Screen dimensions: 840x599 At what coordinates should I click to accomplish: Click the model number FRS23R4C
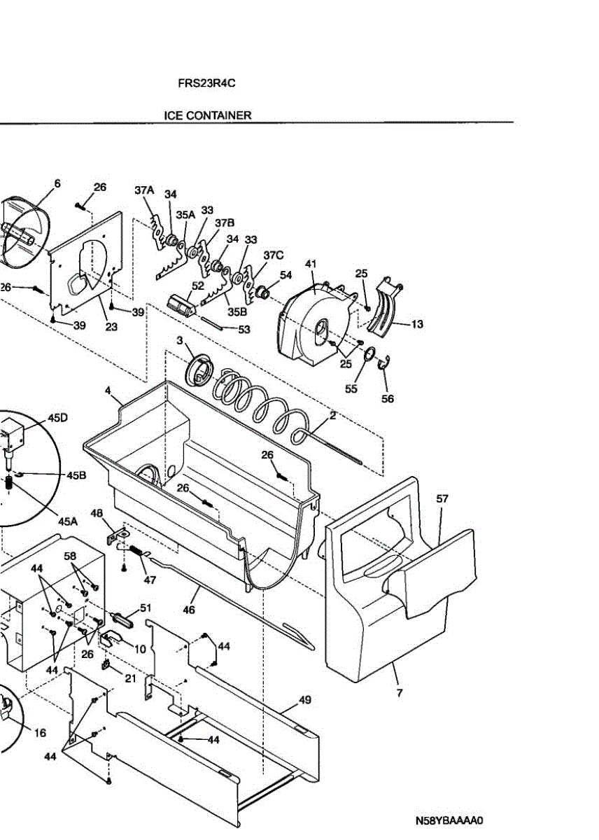click(x=206, y=83)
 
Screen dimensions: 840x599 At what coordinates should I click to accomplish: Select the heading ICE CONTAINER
click(x=208, y=115)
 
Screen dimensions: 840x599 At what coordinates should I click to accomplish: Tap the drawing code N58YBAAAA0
click(x=450, y=820)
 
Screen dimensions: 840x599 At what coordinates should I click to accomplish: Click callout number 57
click(x=442, y=499)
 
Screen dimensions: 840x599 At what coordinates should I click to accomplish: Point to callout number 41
click(x=311, y=264)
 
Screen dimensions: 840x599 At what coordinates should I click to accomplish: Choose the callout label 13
click(x=417, y=325)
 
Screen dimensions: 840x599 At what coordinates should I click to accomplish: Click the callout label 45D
click(x=58, y=418)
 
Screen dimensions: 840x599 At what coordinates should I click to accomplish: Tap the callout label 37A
click(x=144, y=190)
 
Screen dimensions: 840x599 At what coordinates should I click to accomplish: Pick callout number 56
click(x=387, y=398)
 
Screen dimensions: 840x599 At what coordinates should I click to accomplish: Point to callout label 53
click(x=244, y=328)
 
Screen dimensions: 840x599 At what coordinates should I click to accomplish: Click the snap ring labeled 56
click(x=383, y=363)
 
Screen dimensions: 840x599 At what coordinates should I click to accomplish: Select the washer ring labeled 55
click(x=367, y=356)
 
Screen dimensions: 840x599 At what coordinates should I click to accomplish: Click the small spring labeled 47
click(x=136, y=552)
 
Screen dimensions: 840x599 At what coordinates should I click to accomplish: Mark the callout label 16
click(x=40, y=733)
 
